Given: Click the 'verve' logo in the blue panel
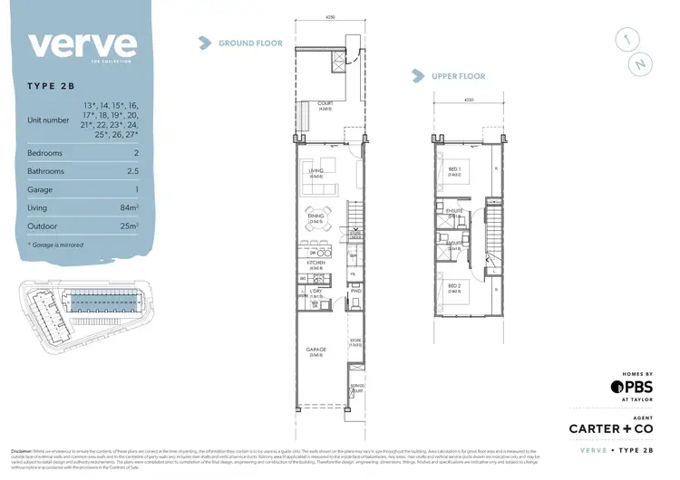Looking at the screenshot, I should pyautogui.click(x=83, y=44).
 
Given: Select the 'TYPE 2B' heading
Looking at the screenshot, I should pyautogui.click(x=53, y=88).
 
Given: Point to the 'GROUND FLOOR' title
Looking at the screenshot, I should pyautogui.click(x=249, y=43).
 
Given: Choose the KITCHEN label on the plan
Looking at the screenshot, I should pyautogui.click(x=316, y=264).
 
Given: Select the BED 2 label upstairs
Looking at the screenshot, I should pyautogui.click(x=452, y=286).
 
